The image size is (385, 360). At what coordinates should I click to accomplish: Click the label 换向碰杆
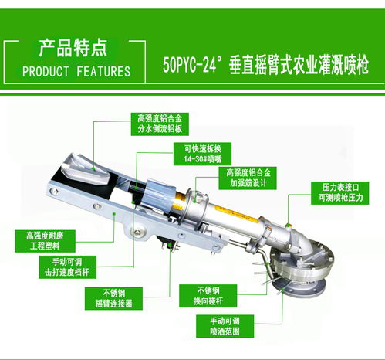[x=202, y=298]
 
